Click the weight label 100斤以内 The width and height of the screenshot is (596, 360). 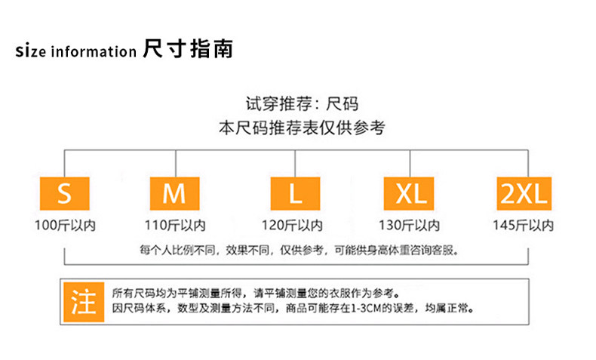point(65,225)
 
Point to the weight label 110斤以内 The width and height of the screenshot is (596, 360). point(174,225)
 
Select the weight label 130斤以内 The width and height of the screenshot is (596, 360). point(409,225)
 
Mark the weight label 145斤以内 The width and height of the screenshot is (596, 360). point(523,225)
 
